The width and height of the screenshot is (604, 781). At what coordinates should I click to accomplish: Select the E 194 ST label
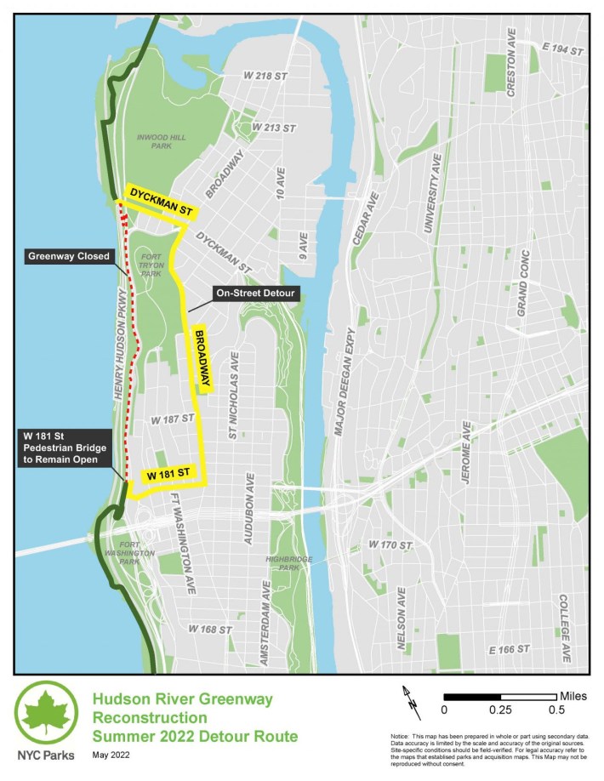(x=561, y=51)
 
